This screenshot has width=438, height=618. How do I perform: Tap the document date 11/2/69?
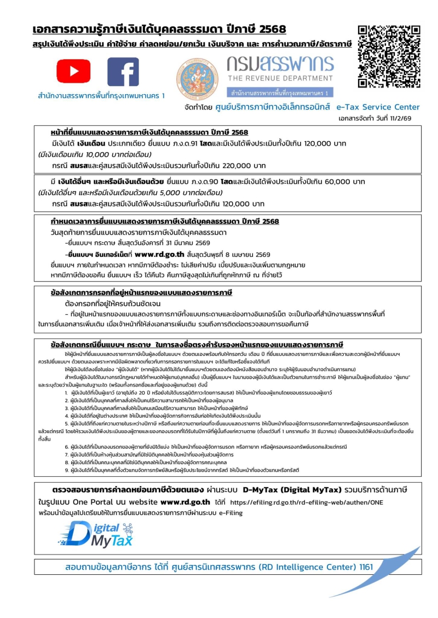(x=408, y=118)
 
